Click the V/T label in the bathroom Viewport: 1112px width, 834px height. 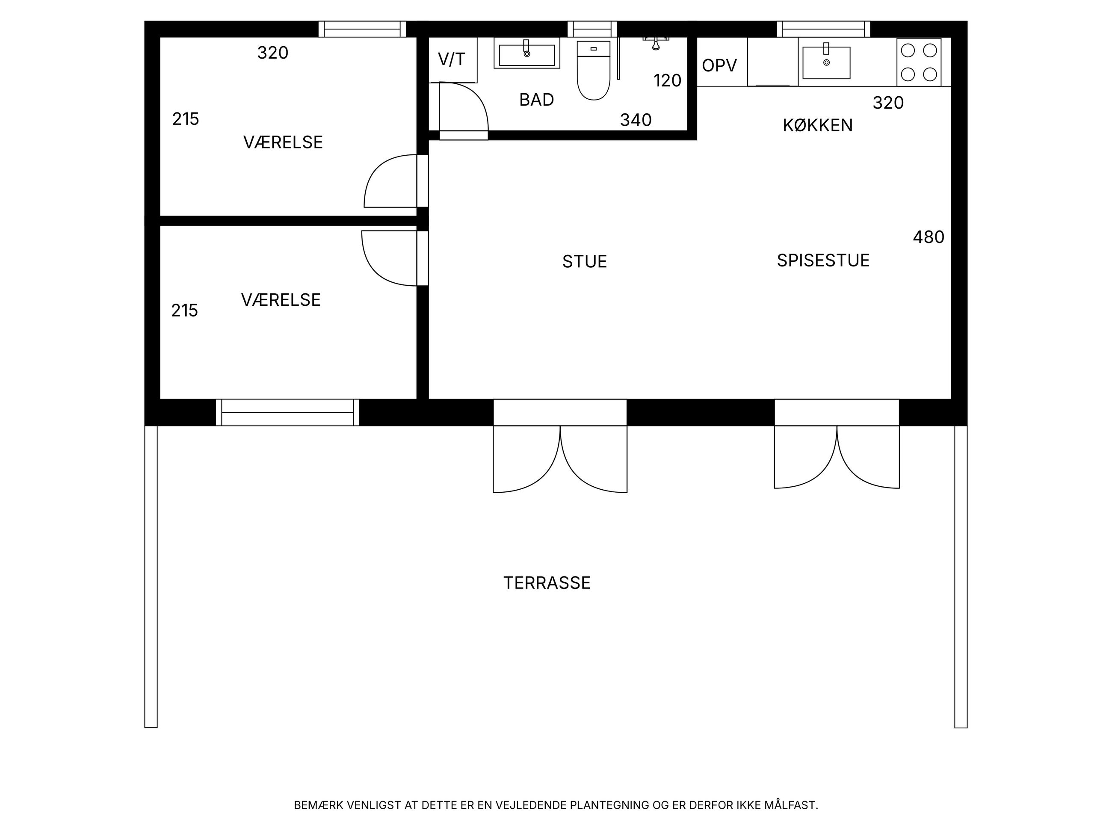[x=452, y=59]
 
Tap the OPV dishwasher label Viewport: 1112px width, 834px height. [x=719, y=65]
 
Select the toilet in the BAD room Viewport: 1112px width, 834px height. [x=594, y=71]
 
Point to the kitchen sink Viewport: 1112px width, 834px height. [x=826, y=63]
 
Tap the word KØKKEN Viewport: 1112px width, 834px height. [x=818, y=125]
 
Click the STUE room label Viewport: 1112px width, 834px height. [x=585, y=261]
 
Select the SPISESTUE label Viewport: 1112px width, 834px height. [x=823, y=260]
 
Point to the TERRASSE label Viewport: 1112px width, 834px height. [x=547, y=583]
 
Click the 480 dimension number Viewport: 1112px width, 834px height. [x=929, y=237]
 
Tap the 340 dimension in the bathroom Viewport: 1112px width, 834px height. [x=636, y=120]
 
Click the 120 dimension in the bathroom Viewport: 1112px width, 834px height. [x=668, y=80]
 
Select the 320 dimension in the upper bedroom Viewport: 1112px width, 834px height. [x=273, y=53]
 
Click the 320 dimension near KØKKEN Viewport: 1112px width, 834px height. [x=888, y=103]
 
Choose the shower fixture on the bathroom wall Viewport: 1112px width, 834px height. [x=656, y=43]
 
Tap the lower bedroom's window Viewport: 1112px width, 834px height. [x=287, y=412]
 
